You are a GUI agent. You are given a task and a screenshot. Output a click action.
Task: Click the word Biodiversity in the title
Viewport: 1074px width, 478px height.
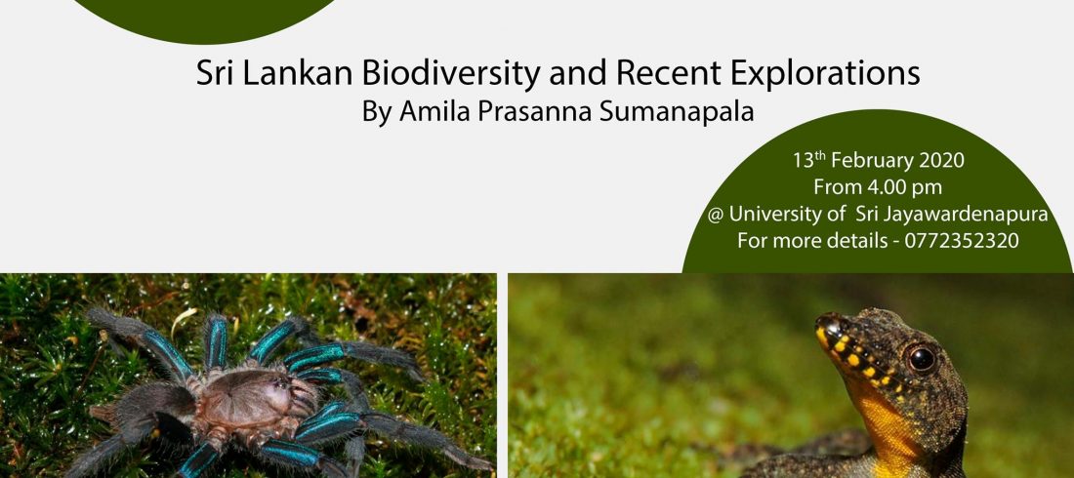pos(451,75)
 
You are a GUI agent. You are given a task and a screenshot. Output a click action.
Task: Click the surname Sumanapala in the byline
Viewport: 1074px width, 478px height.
pos(677,112)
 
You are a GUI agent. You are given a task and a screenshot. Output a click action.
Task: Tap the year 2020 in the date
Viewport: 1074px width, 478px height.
pos(941,160)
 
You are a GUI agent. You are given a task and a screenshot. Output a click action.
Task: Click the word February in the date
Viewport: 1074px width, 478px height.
pos(873,162)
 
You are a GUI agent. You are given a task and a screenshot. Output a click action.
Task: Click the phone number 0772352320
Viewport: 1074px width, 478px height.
pos(962,241)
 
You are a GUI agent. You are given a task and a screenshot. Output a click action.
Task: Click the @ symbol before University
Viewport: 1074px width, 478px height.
pos(716,215)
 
